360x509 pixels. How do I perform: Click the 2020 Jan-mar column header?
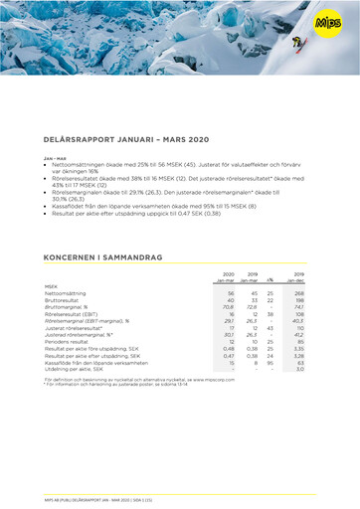(x=228, y=277)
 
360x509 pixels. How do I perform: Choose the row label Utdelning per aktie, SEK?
(x=78, y=368)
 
